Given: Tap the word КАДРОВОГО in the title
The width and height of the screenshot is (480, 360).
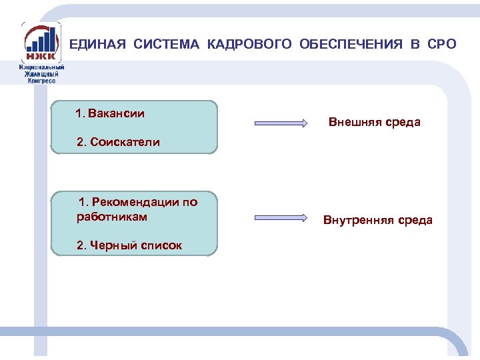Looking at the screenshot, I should pos(249,45).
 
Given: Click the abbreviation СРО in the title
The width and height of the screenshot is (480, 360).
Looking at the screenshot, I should pos(442,45).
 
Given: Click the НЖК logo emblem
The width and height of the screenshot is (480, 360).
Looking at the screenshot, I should pos(41,43).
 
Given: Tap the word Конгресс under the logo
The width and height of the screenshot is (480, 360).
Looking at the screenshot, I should pos(41,80).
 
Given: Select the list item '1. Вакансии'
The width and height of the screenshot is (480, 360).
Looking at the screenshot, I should pos(110,113).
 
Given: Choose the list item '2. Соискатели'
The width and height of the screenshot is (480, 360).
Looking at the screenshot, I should pos(119,142).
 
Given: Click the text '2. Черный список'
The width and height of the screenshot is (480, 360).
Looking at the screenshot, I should pos(129,245).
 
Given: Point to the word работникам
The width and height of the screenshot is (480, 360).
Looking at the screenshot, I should pos(112,217).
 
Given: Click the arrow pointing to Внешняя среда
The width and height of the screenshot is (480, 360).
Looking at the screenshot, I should pos(280,123).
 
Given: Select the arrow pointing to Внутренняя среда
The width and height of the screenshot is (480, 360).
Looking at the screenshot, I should pos(280,218).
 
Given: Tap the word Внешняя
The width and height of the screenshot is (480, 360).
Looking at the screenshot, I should pos(357,122).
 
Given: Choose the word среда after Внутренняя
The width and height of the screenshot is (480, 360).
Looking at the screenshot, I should pos(416,220).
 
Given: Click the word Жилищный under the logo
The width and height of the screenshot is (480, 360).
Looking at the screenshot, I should pos(41,73).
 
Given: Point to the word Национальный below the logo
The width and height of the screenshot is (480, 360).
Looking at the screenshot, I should pos(41,67).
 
